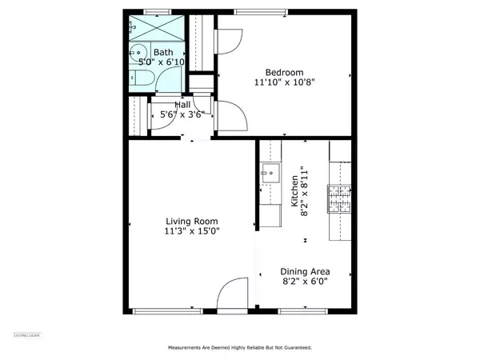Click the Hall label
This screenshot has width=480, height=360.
click(x=182, y=105)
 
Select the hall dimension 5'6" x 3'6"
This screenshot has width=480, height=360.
click(x=182, y=114)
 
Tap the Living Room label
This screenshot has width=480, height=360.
click(x=192, y=221)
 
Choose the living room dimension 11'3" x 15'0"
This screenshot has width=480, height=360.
click(x=192, y=231)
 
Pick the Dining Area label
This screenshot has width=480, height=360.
click(x=305, y=271)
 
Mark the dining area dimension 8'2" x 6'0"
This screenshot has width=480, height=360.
click(x=305, y=281)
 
